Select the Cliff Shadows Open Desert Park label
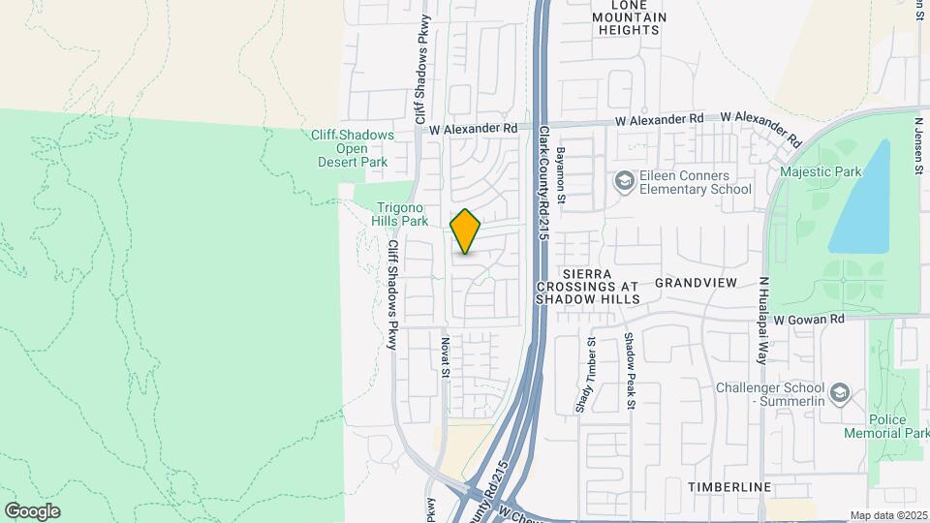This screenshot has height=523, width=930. (351, 149)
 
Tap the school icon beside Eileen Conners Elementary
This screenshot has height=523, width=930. (624, 181)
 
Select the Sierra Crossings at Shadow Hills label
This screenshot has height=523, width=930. (588, 287)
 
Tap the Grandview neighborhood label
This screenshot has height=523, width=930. (696, 283)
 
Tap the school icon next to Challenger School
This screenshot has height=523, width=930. (840, 393)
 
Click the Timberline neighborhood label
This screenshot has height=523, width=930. (729, 486)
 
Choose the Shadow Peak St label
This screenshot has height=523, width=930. (629, 371)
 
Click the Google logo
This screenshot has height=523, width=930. (32, 511)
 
